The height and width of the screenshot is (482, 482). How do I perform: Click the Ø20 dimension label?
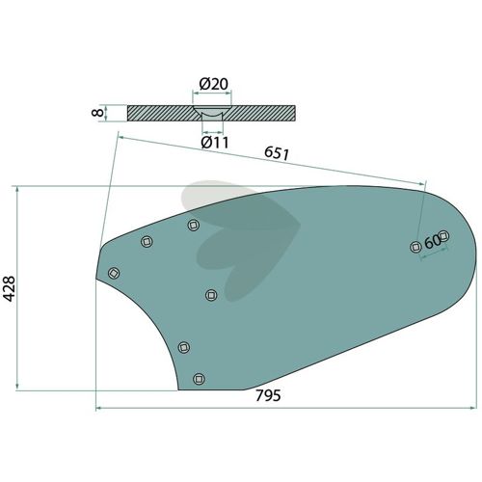[214, 84]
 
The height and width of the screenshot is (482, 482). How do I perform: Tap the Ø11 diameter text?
[215, 143]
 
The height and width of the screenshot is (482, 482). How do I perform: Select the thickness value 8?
[97, 113]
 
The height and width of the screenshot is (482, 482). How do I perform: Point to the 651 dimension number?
[277, 153]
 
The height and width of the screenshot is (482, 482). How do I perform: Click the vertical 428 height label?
[9, 288]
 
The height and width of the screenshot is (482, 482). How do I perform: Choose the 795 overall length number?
[268, 395]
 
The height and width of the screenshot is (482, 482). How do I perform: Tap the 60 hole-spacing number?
[433, 242]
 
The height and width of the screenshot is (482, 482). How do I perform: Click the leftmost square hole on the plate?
[114, 273]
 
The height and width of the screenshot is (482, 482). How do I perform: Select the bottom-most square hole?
[200, 379]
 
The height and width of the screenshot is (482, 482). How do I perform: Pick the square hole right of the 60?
[443, 236]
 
